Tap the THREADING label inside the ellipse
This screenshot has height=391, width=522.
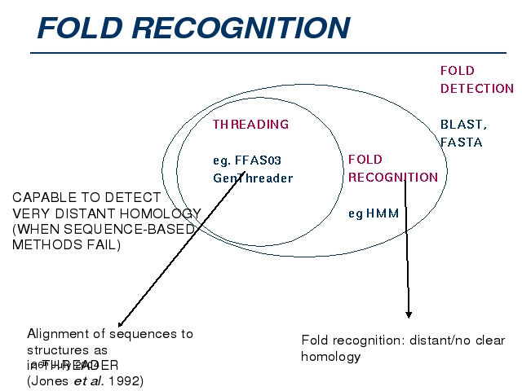tap(250, 125)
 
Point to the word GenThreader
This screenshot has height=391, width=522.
tap(252, 178)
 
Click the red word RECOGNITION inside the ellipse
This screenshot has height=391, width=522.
tap(392, 177)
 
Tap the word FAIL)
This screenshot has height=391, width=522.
tap(100, 244)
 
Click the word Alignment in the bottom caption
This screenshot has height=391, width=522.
tap(58, 333)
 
